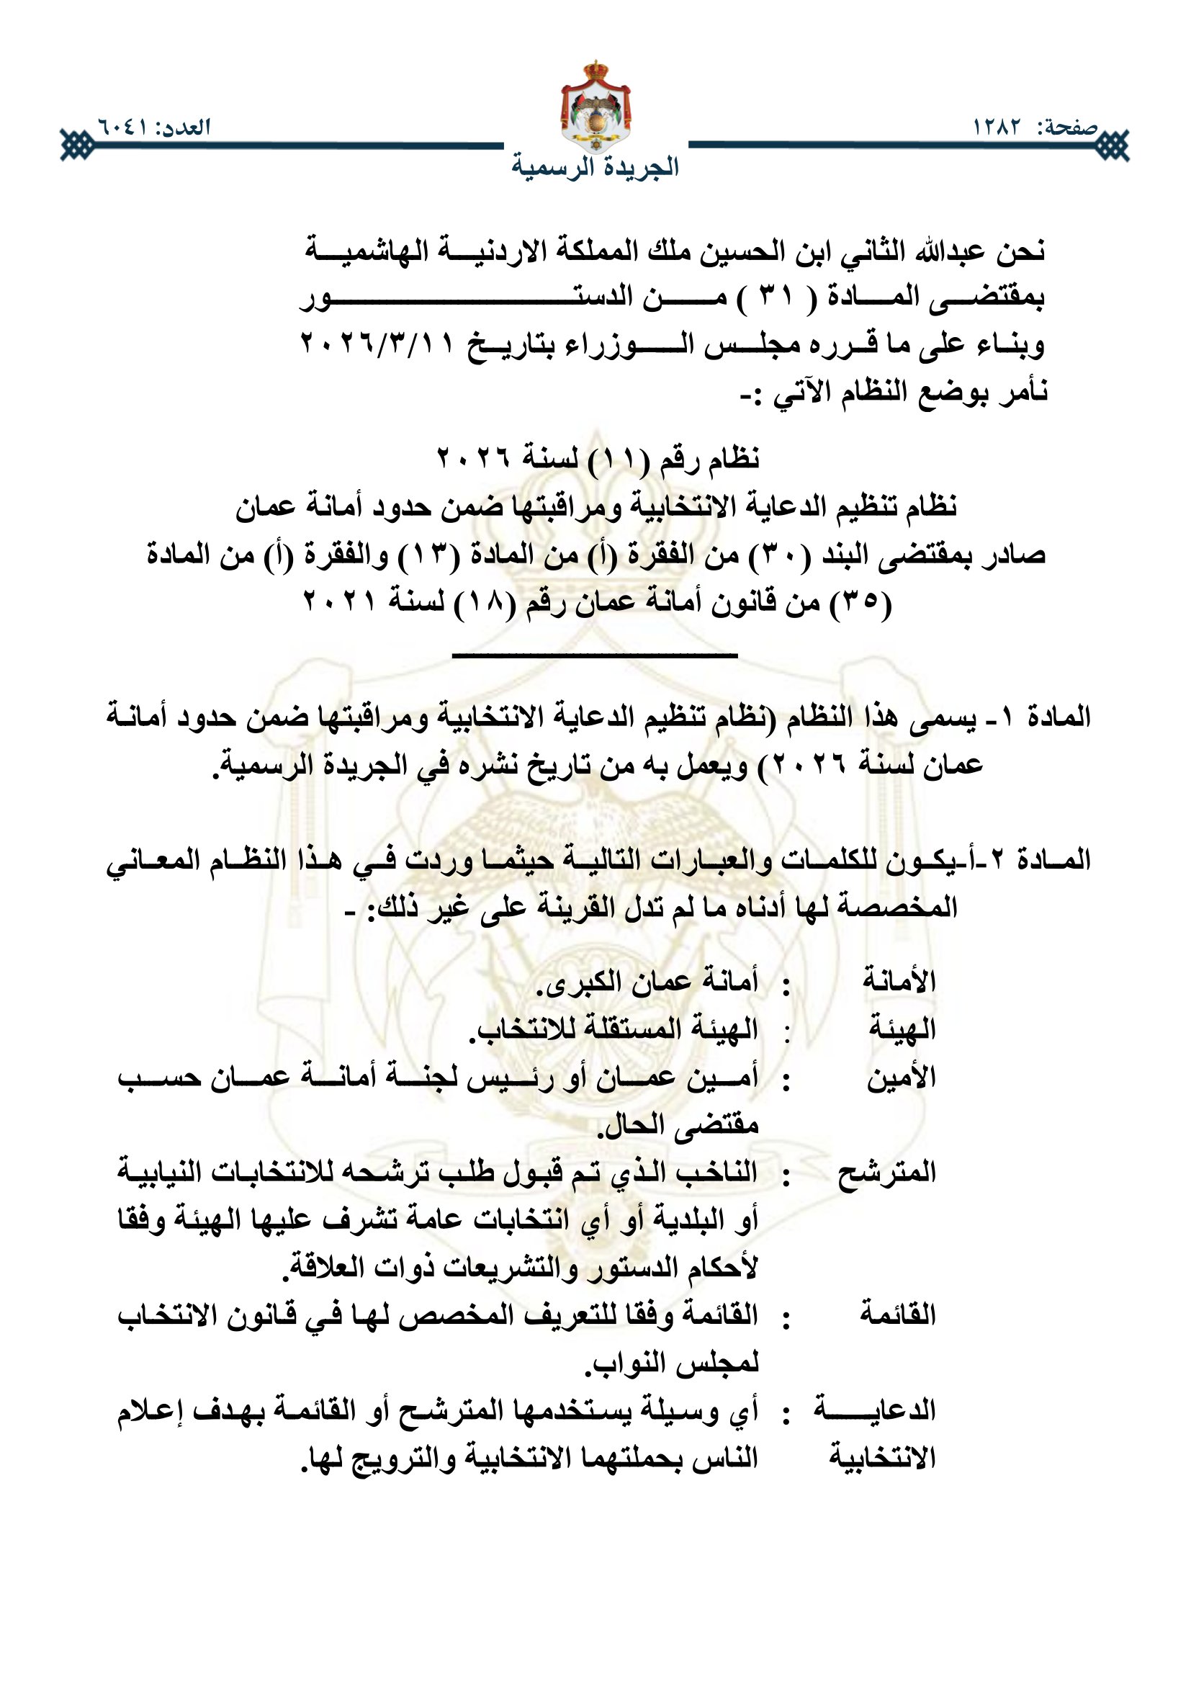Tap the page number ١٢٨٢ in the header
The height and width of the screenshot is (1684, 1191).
coord(997,127)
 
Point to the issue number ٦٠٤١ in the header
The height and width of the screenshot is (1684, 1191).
coord(122,127)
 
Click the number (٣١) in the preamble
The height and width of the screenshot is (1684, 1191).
coord(771,297)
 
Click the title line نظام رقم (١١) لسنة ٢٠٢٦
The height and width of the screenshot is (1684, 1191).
coord(598,460)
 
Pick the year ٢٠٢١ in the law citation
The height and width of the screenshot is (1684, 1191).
coord(339,602)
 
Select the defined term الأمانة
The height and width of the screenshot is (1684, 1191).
coord(899,981)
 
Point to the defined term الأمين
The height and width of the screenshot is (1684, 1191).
coord(902,1079)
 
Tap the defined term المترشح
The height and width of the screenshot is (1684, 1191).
coord(886,1173)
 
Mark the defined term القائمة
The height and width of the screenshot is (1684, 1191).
coord(899,1315)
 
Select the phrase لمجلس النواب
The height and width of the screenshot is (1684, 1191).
coord(671,1363)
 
